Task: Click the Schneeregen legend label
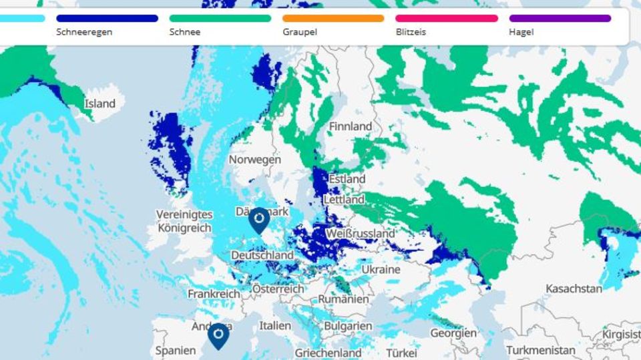84,32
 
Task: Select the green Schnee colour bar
220,19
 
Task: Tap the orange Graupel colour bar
333,19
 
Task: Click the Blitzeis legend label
411,32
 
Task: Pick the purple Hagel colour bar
560,19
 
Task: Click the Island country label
99,104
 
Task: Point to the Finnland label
351,126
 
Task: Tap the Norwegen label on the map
254,160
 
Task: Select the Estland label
347,179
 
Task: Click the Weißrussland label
361,234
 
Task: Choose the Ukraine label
381,269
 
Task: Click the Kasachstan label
574,289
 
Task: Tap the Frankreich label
214,294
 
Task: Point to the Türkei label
401,352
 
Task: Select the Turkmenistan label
540,350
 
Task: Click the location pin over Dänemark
258,219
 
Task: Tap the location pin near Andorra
218,335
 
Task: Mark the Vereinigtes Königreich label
184,221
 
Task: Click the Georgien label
453,333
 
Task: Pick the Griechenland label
328,353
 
